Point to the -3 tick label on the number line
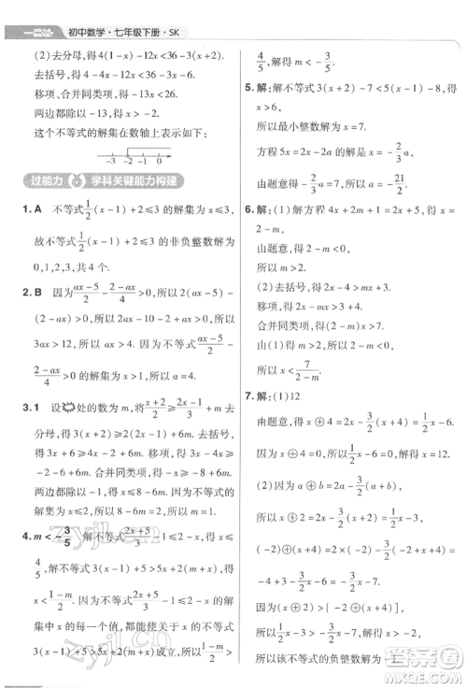[110, 161]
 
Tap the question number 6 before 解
[247, 235]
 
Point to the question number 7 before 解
[247, 394]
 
